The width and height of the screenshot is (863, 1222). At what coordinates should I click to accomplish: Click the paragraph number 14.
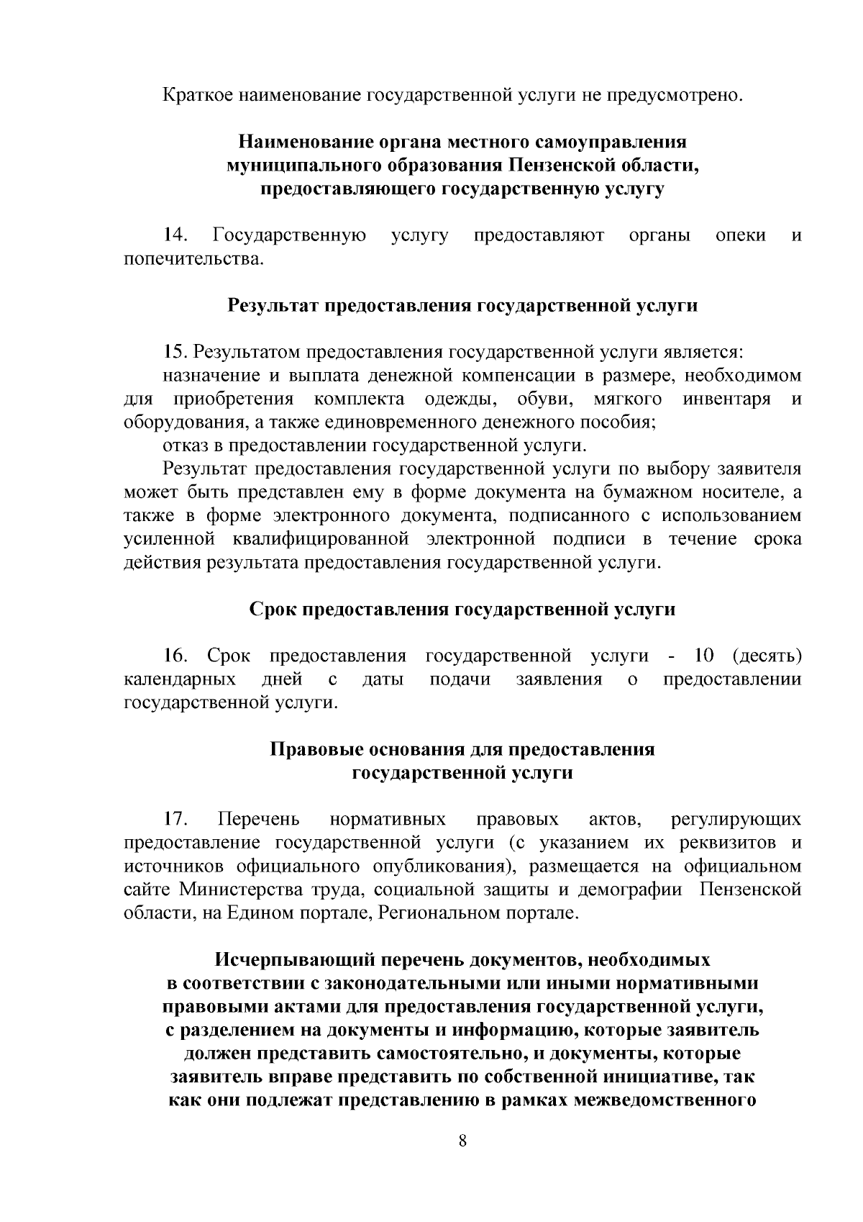click(x=175, y=235)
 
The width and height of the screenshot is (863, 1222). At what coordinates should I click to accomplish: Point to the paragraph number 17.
click(x=175, y=819)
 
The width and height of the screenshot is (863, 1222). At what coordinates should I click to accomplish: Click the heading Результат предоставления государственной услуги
click(x=462, y=306)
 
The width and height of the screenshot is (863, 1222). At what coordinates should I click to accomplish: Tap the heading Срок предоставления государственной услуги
click(x=462, y=610)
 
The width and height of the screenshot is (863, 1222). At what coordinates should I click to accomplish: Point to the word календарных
click(x=180, y=679)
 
